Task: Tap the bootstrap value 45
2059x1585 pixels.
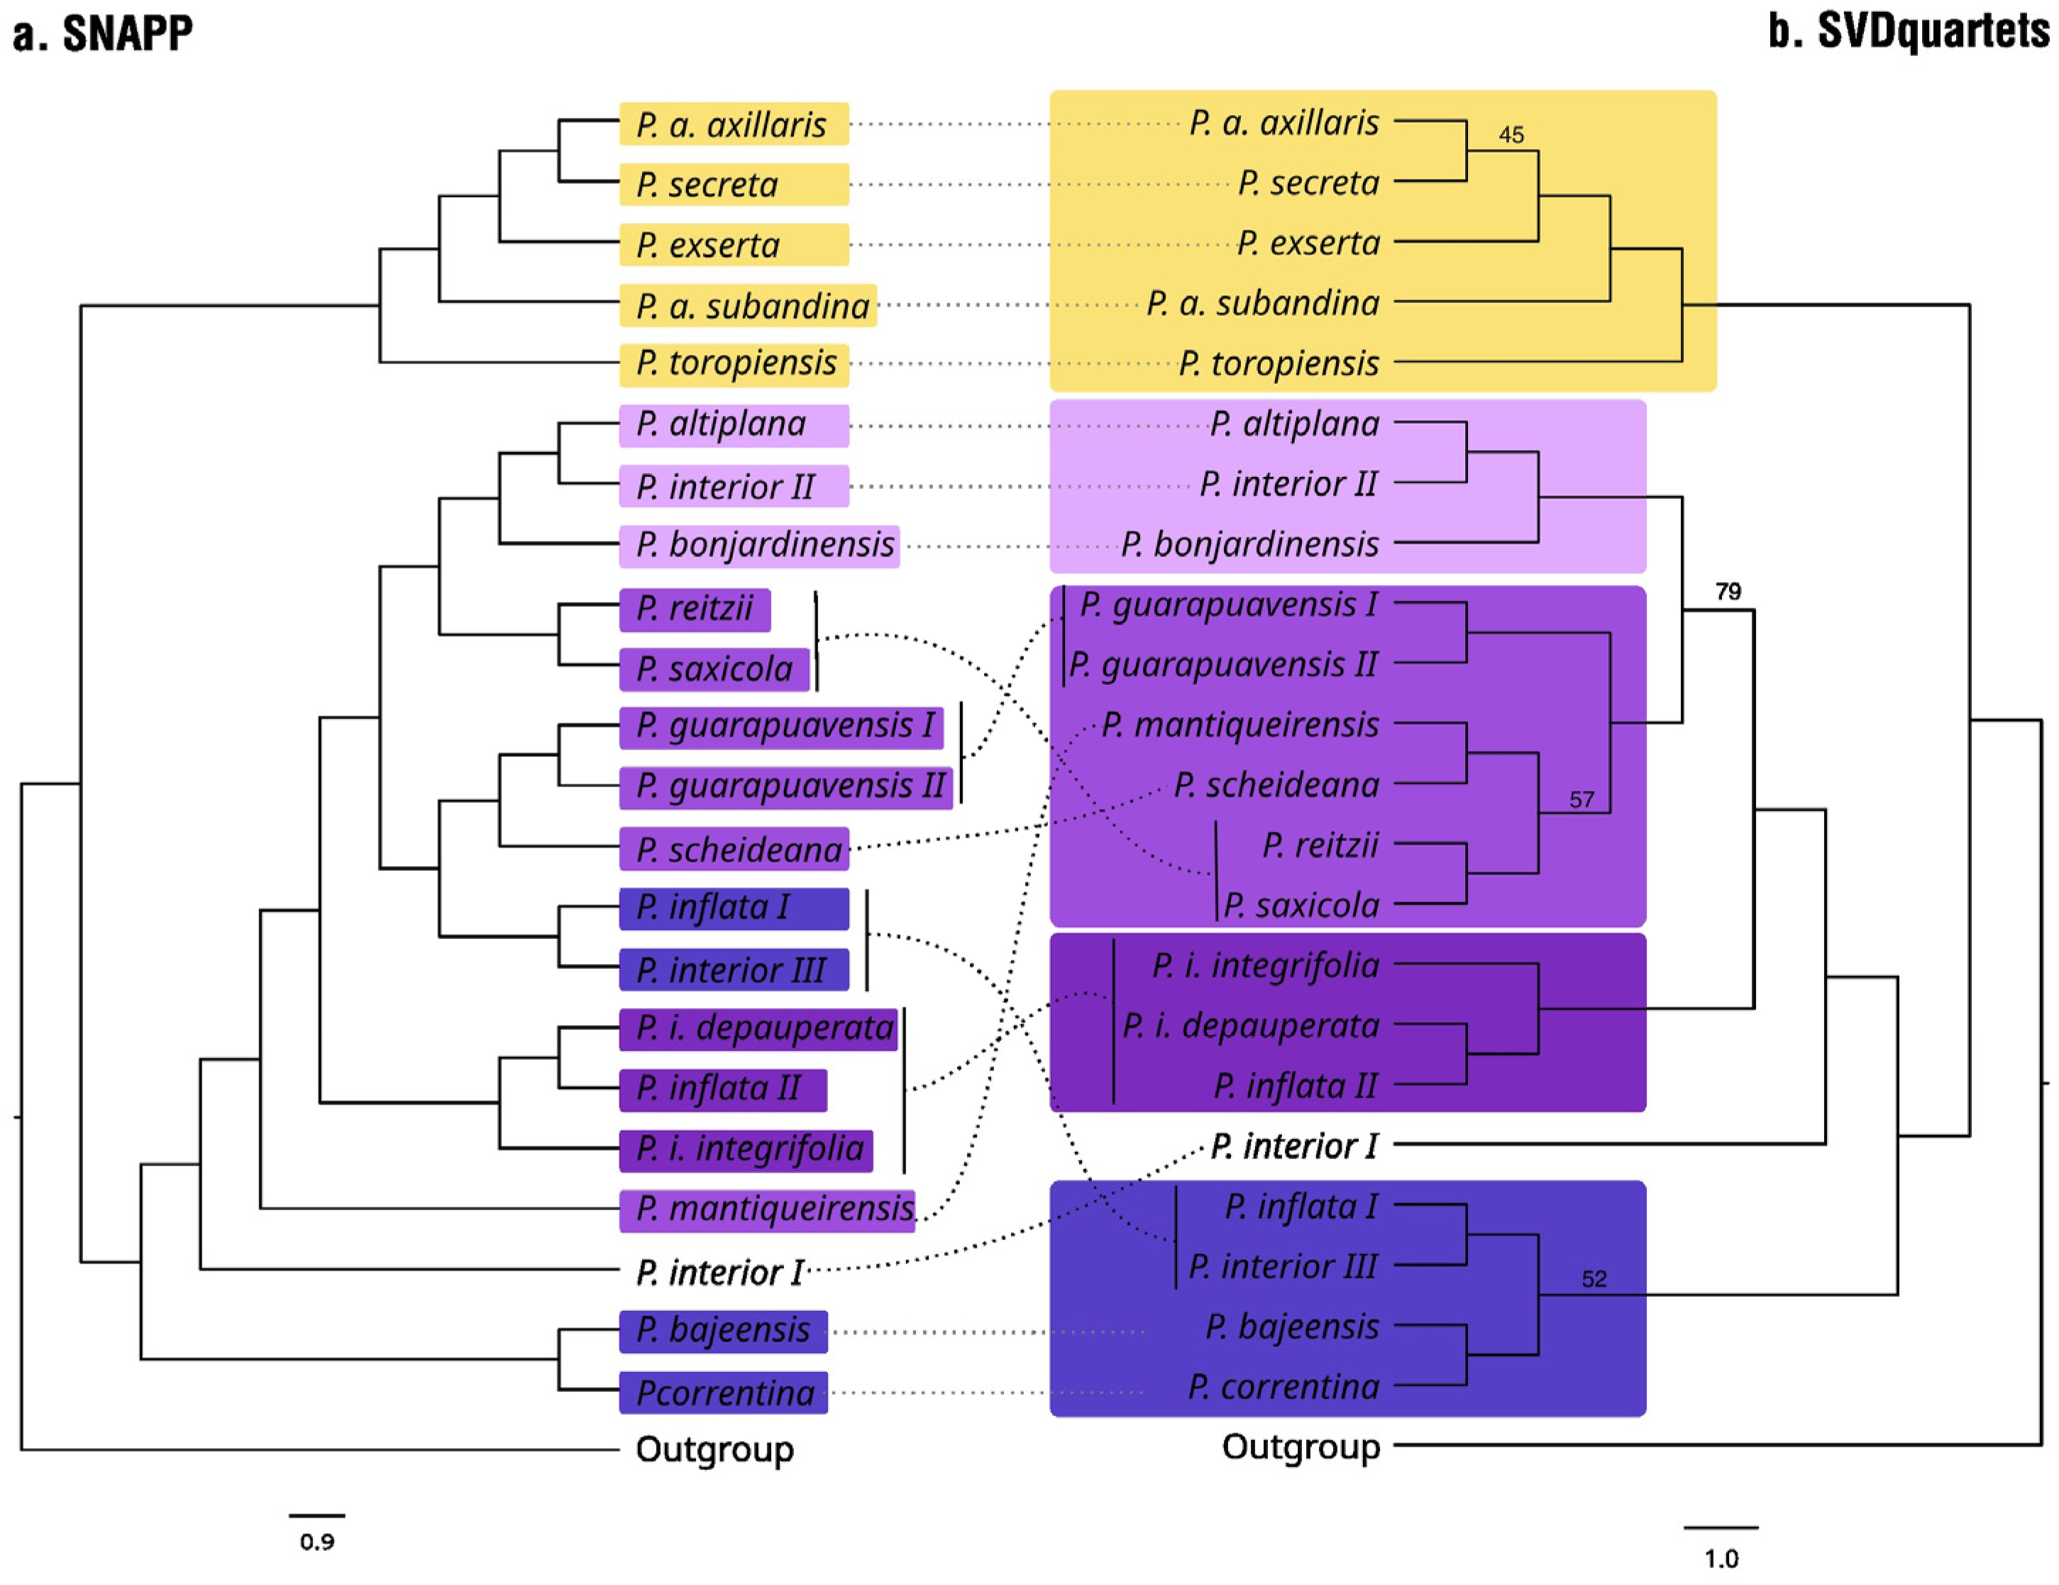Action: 1511,135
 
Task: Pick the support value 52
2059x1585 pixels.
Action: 1594,1278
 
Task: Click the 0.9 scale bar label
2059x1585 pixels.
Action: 316,1542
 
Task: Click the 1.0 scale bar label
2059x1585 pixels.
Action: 1721,1559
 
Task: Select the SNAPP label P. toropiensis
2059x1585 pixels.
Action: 735,363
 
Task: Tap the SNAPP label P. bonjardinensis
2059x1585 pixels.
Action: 763,545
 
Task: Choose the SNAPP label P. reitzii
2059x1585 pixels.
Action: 694,608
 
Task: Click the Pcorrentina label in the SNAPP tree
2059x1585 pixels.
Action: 724,1393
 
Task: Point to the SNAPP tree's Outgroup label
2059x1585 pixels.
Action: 714,1449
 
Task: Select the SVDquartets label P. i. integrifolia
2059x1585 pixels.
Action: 1264,965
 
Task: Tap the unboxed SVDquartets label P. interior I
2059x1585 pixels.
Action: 1293,1146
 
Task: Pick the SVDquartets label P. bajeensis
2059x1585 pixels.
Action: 1291,1327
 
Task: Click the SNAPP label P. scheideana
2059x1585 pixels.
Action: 738,850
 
